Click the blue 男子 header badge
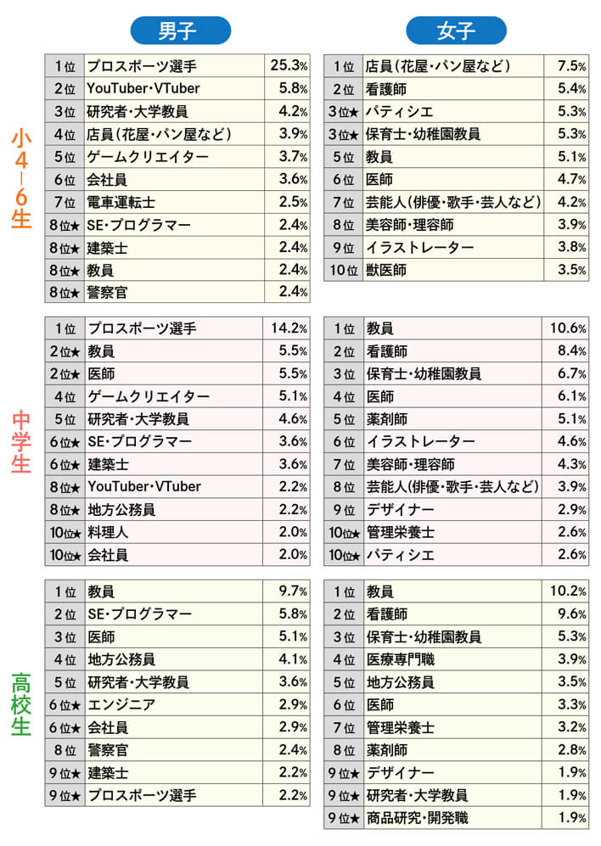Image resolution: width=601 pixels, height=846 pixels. [180, 31]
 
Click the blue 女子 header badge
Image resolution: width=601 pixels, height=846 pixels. [457, 31]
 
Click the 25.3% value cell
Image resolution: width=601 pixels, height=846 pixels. [288, 65]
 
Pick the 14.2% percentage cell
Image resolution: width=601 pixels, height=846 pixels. [288, 328]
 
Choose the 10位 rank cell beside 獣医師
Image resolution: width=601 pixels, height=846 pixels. [344, 270]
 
